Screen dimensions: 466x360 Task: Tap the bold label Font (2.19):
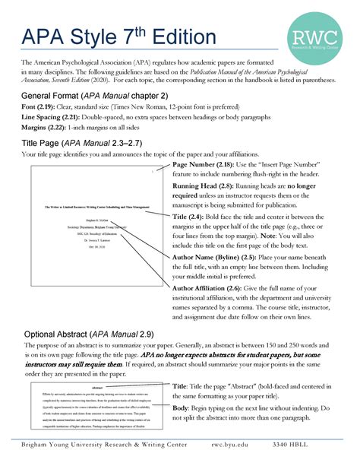click(x=39, y=108)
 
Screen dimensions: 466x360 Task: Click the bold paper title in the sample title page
click(x=95, y=206)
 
